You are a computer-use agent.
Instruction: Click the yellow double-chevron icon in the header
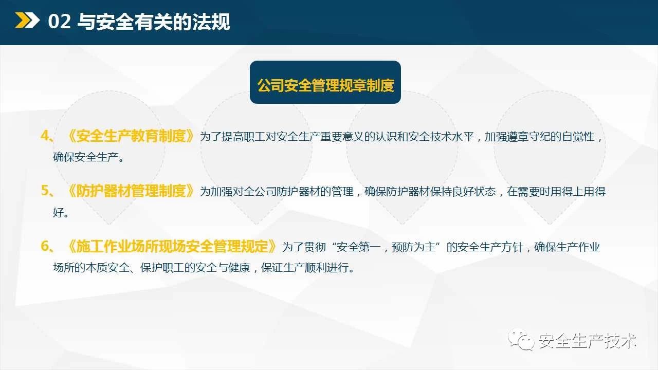point(27,20)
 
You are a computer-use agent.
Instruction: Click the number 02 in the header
point(59,22)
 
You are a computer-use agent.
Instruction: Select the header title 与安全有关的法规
point(154,22)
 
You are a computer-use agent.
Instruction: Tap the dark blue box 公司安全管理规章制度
point(325,82)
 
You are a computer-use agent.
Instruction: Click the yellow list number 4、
point(47,136)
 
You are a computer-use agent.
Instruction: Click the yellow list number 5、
point(47,191)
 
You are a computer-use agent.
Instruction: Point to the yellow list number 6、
point(47,246)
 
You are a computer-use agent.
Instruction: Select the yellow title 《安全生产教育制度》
point(131,136)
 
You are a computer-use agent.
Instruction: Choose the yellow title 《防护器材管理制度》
point(131,191)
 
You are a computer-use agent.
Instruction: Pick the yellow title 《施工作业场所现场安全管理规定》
point(172,246)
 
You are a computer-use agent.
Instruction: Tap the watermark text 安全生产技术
point(587,341)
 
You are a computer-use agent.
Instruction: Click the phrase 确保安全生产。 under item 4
point(88,157)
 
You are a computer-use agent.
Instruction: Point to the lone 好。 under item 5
point(61,212)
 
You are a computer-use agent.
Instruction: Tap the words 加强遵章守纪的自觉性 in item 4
point(539,137)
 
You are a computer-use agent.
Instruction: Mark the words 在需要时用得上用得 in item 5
point(556,192)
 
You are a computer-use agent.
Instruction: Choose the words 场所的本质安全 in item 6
point(91,268)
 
